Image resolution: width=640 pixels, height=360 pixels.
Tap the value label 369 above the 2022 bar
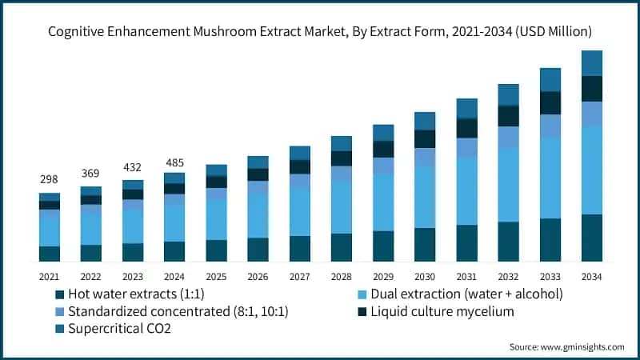(x=91, y=173)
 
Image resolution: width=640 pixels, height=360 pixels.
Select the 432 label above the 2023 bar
(x=133, y=167)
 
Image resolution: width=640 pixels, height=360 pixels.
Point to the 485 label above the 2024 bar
(x=174, y=162)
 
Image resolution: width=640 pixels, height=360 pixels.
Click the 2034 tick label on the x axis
(x=591, y=276)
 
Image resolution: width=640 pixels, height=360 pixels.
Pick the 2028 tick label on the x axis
(x=342, y=276)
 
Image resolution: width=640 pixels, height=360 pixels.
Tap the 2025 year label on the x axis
(x=216, y=276)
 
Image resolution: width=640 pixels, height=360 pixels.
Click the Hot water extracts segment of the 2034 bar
(x=591, y=238)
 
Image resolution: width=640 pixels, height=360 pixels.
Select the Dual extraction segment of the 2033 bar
(x=550, y=178)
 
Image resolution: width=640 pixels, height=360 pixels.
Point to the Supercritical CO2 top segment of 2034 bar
(x=591, y=62)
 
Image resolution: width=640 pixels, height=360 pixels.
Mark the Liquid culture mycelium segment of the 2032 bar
(x=508, y=116)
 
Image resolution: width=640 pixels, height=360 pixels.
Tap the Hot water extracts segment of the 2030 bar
(x=425, y=245)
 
